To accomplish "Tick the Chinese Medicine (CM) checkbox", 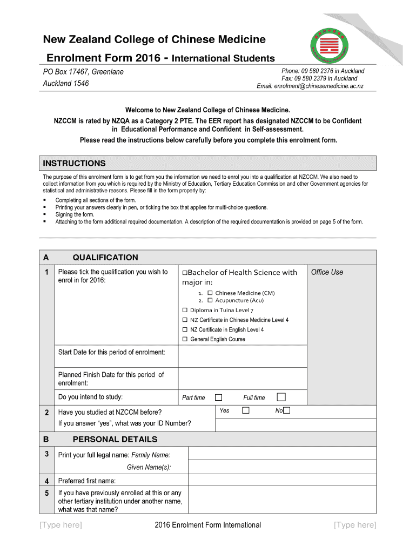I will click(210, 293).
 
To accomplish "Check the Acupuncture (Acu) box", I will click(210, 300).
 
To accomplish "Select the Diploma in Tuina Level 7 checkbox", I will click(185, 310).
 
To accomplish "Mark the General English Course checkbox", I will click(185, 339).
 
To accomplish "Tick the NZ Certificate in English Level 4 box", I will click(185, 329).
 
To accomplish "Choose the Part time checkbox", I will click(219, 397).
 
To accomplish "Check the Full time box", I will click(281, 397).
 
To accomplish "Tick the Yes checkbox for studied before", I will click(246, 410).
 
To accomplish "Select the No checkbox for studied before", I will click(286, 410).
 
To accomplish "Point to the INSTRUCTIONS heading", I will click(75, 164).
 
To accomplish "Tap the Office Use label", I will click(327, 272).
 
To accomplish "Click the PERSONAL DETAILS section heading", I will click(115, 440).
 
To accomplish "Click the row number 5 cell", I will click(47, 493).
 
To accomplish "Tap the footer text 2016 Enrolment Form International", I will click(207, 525).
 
